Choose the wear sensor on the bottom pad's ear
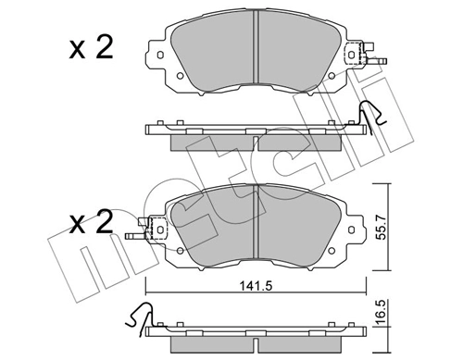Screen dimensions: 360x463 click(x=147, y=226)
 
